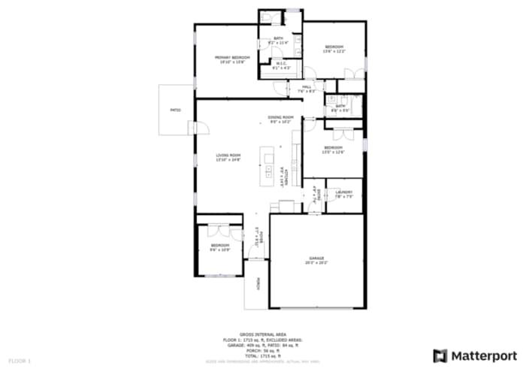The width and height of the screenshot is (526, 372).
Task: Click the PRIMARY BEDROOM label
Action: tap(231, 57)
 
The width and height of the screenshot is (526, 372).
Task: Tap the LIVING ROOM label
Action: tap(228, 156)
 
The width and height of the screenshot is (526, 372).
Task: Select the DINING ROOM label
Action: tap(284, 117)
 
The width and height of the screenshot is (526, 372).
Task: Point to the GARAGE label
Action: tap(316, 259)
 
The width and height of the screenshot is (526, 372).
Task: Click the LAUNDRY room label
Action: tap(344, 192)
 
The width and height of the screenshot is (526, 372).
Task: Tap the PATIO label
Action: tap(175, 110)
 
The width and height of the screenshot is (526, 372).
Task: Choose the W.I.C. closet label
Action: tap(279, 63)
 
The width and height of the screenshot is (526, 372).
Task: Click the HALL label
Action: tap(307, 87)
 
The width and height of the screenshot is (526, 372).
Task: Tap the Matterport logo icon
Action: tap(440, 355)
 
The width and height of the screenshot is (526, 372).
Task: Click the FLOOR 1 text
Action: tap(20, 361)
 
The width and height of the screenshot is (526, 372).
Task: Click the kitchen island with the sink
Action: tap(268, 166)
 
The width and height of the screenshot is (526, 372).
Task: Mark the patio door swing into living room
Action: tap(201, 129)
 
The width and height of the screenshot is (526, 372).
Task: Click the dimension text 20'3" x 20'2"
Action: tap(316, 263)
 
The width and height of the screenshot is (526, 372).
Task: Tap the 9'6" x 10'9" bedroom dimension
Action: tap(219, 250)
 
